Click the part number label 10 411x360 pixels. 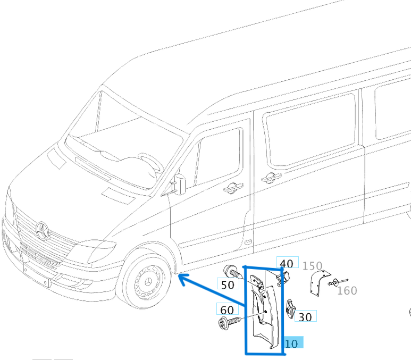click(x=292, y=344)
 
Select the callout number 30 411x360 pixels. click(x=305, y=316)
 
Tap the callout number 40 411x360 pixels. click(x=287, y=263)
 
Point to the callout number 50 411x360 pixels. click(x=228, y=284)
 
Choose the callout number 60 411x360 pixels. click(x=227, y=310)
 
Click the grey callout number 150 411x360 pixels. click(x=312, y=265)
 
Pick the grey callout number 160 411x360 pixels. click(x=347, y=290)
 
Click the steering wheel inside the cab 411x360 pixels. click(x=150, y=162)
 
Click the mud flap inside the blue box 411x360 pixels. click(x=264, y=314)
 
